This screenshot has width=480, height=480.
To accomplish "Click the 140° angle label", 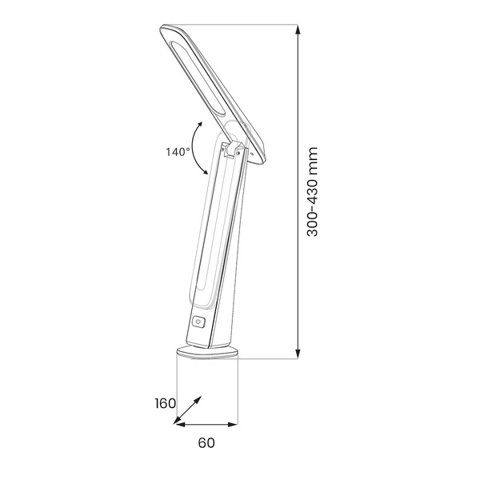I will (x=178, y=151).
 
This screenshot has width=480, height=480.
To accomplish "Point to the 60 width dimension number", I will (x=206, y=442).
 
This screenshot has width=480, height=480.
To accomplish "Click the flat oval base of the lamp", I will (x=206, y=353).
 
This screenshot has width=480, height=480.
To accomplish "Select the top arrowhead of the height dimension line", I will (x=298, y=30).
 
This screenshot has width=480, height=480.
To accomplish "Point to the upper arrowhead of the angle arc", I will (x=197, y=125).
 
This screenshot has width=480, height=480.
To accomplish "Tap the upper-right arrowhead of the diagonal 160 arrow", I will (x=198, y=398).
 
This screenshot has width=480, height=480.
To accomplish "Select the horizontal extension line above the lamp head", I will (x=240, y=25).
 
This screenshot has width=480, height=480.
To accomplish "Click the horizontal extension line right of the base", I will (x=272, y=359).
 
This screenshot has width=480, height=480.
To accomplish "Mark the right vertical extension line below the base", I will (x=238, y=392).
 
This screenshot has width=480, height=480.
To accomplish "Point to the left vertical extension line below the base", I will (x=175, y=392).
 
